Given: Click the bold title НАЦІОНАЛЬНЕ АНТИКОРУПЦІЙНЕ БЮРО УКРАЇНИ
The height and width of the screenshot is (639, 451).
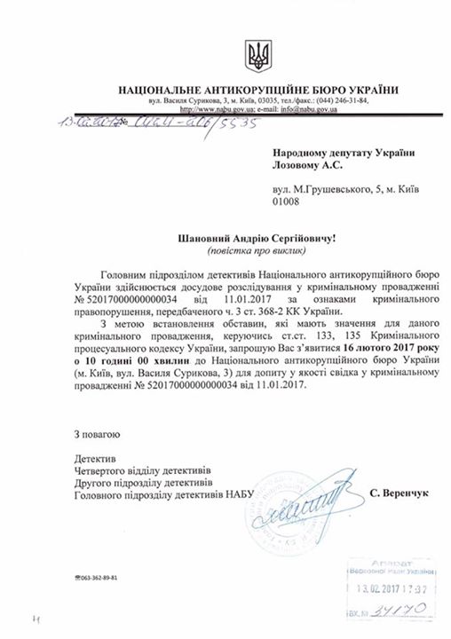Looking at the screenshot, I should pyautogui.click(x=258, y=90).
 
